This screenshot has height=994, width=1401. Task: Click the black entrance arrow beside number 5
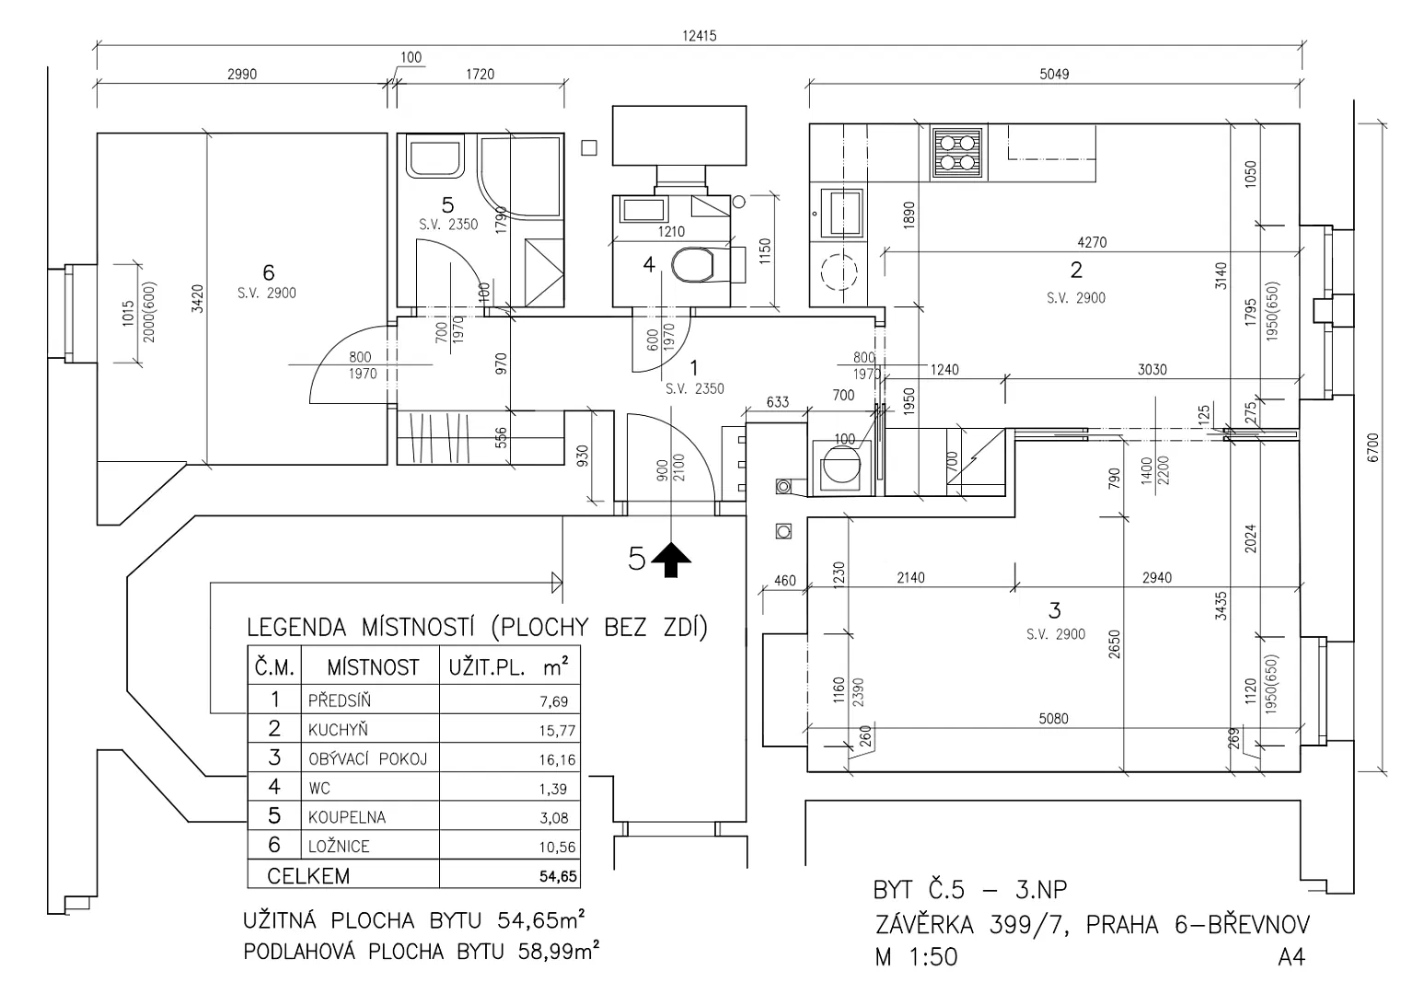pyautogui.click(x=671, y=560)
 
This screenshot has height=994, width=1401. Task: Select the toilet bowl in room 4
pyautogui.click(x=693, y=265)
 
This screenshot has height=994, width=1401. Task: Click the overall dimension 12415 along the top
pyautogui.click(x=700, y=36)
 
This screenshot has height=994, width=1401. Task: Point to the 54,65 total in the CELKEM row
pyautogui.click(x=558, y=876)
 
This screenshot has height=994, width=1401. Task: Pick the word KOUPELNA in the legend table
pyautogui.click(x=347, y=817)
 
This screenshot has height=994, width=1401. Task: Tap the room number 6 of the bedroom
pyautogui.click(x=268, y=272)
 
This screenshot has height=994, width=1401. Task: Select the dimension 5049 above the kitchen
pyautogui.click(x=1055, y=74)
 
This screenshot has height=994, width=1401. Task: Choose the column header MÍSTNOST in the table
pyautogui.click(x=373, y=668)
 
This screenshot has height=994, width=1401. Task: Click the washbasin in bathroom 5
pyautogui.click(x=435, y=156)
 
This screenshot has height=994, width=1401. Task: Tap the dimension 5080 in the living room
pyautogui.click(x=1053, y=719)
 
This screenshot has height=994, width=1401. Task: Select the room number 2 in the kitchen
pyautogui.click(x=1076, y=270)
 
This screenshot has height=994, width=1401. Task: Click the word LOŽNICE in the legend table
pyautogui.click(x=339, y=847)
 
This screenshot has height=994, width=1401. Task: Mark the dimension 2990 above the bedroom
pyautogui.click(x=242, y=74)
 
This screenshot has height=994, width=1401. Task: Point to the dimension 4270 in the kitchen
pyautogui.click(x=1092, y=242)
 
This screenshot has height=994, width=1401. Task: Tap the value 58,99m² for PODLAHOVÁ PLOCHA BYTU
pyautogui.click(x=559, y=952)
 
